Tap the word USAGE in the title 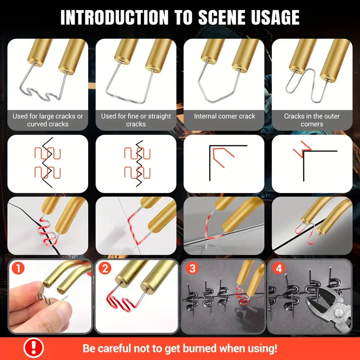[275, 17]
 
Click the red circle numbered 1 [18, 268]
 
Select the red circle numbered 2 [105, 268]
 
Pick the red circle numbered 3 [192, 268]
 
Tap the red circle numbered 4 [279, 268]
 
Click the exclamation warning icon [33, 348]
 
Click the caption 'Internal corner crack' [225, 116]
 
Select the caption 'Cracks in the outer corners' [312, 120]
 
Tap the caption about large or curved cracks [48, 120]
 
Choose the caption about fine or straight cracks [136, 120]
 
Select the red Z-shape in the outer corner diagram [302, 149]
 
